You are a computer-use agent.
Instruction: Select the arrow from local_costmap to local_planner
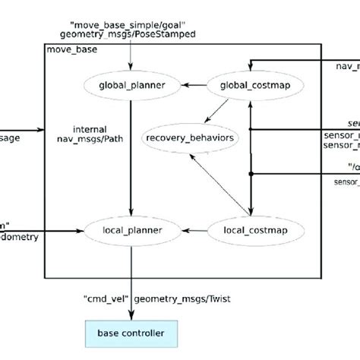(191, 228)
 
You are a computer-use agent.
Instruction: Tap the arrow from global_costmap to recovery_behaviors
(221, 109)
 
